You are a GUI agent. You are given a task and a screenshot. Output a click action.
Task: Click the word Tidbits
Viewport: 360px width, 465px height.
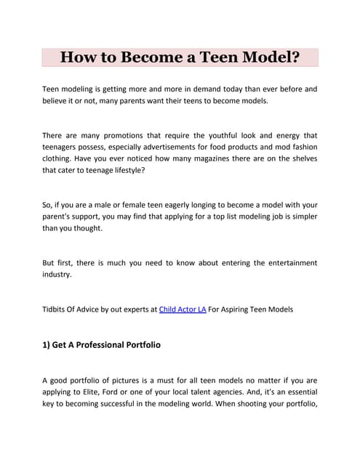57,310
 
